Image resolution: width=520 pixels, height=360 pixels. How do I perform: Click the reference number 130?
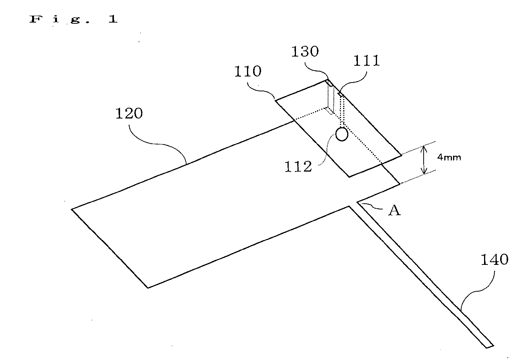[x=305, y=52]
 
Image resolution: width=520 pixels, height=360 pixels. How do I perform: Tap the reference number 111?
[x=366, y=61]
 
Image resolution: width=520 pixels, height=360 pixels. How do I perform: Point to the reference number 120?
[x=129, y=114]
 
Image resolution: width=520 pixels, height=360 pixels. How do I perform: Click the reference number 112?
[x=298, y=167]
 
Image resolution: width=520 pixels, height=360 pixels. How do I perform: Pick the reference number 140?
[x=494, y=259]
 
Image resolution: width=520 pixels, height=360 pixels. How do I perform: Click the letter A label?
[x=395, y=211]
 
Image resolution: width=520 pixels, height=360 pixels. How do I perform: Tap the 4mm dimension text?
[x=449, y=157]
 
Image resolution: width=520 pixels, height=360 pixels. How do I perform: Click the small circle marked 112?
[x=342, y=134]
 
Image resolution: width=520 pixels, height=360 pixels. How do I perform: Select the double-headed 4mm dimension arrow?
[x=424, y=160]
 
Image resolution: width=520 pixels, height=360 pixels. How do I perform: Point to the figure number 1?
[x=113, y=19]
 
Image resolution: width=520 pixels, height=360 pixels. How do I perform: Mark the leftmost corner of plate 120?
[x=71, y=209]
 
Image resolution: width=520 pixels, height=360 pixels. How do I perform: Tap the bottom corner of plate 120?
[x=148, y=288]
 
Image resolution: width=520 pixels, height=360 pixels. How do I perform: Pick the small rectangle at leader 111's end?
[x=341, y=94]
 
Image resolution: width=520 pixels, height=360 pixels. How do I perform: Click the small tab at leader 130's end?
[x=330, y=83]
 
